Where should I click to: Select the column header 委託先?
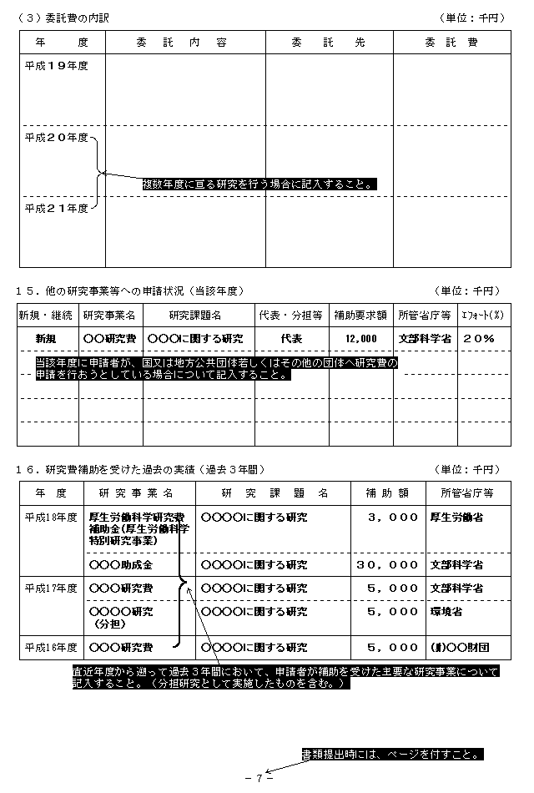[x=329, y=42]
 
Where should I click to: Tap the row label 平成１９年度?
[x=56, y=64]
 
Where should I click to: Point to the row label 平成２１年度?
[x=56, y=208]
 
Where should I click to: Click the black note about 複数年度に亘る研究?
[x=259, y=184]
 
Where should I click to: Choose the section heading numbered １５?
[x=129, y=290]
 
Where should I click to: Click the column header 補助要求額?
[x=360, y=315]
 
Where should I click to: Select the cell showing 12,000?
[x=360, y=338]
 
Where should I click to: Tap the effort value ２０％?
[x=479, y=338]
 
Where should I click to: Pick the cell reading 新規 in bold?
[x=46, y=338]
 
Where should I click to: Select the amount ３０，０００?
[x=386, y=565]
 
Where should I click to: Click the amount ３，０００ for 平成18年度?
[x=392, y=518]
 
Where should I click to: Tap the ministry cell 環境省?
[x=448, y=612]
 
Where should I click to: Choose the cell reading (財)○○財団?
[x=456, y=647]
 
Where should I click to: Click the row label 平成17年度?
[x=51, y=588]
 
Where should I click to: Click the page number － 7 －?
[x=259, y=778]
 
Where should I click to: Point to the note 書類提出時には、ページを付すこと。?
[x=392, y=755]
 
